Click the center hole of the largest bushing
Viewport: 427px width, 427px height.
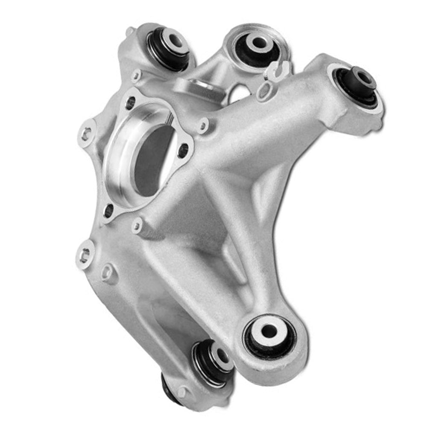click(x=269, y=331)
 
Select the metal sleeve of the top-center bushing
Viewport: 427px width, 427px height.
click(x=258, y=43)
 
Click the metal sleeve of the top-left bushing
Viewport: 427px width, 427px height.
click(x=175, y=41)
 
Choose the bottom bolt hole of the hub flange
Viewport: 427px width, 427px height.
click(x=109, y=211)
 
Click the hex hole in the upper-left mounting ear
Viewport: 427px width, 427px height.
click(x=87, y=132)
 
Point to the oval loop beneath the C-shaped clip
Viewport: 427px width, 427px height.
click(x=266, y=91)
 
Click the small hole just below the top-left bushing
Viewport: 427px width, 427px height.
click(x=136, y=76)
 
